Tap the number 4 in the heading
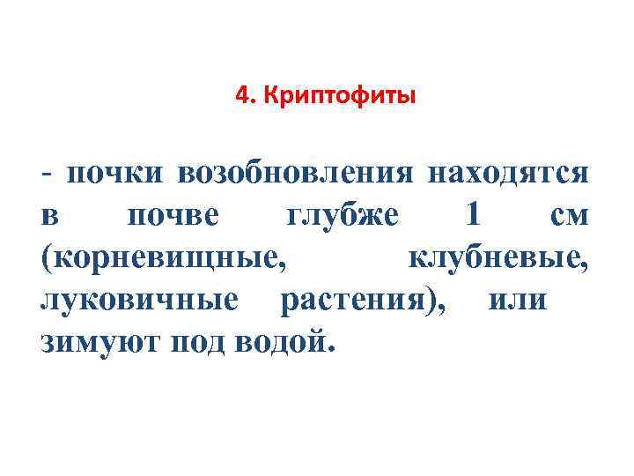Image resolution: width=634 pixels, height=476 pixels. (x=241, y=95)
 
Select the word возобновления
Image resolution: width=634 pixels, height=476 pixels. (x=295, y=173)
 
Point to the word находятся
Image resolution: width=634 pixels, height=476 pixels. (x=508, y=174)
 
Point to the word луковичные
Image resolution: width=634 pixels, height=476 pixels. (x=139, y=301)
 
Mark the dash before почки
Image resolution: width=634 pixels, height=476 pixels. (x=46, y=173)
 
